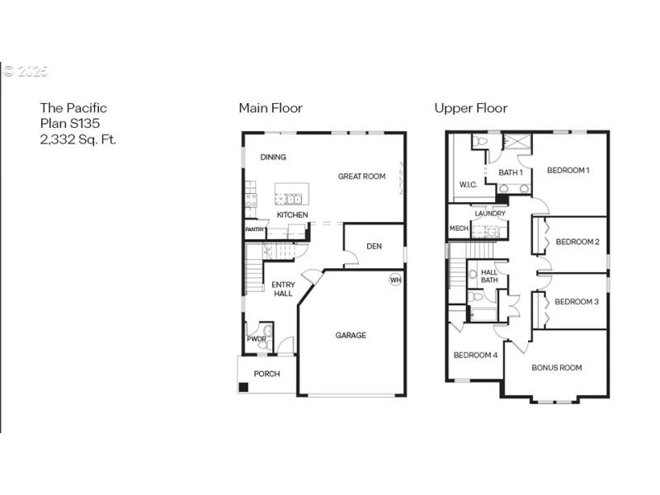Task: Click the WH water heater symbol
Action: click(395, 280)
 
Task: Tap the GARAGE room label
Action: click(351, 335)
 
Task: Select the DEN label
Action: click(374, 246)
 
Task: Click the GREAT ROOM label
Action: click(361, 176)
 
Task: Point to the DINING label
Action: click(273, 157)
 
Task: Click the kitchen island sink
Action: click(290, 198)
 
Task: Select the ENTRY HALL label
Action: click(283, 290)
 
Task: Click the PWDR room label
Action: click(256, 339)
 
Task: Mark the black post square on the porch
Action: click(243, 386)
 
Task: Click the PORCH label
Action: click(266, 374)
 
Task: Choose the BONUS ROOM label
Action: click(556, 368)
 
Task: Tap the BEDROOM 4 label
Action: click(475, 356)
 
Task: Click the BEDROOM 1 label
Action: click(568, 170)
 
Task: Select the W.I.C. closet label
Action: click(467, 185)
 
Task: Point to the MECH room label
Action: click(459, 229)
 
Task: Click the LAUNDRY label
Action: click(489, 214)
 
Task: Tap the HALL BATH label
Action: click(489, 276)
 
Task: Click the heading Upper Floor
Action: click(470, 108)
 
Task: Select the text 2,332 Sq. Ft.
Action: click(78, 140)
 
